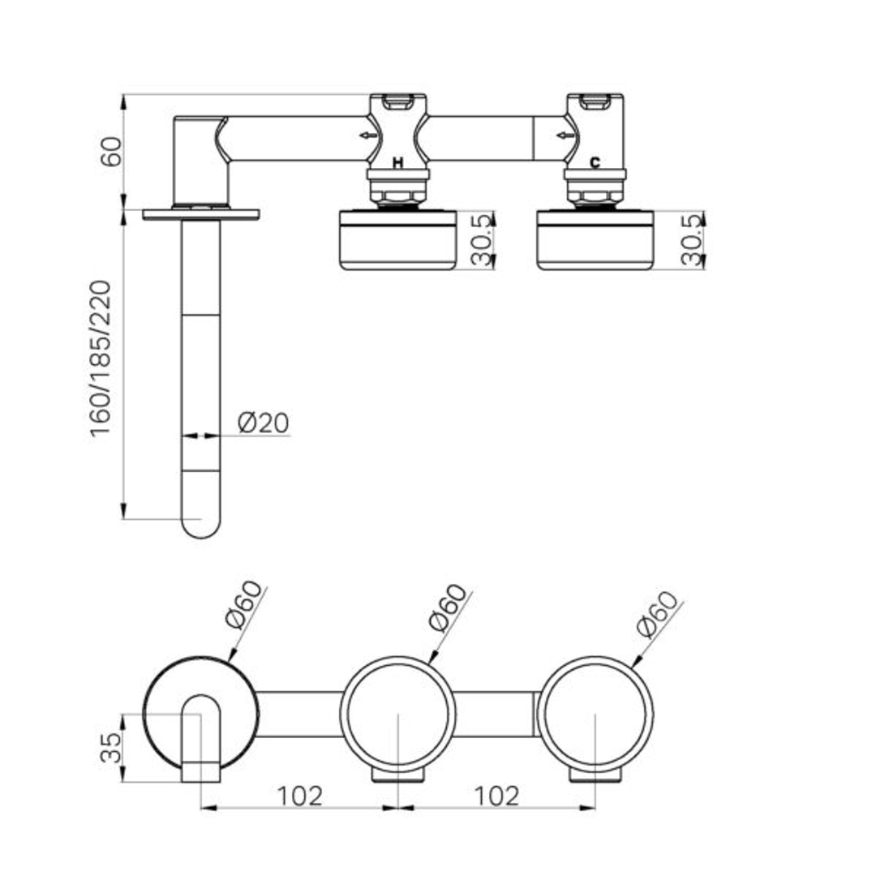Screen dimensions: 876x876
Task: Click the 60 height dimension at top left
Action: pyautogui.click(x=111, y=152)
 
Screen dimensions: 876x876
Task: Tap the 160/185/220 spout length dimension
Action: pyautogui.click(x=101, y=358)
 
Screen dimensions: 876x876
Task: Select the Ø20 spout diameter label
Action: pyautogui.click(x=263, y=423)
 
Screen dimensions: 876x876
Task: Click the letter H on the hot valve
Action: pyautogui.click(x=397, y=163)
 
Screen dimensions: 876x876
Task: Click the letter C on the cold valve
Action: pyautogui.click(x=595, y=163)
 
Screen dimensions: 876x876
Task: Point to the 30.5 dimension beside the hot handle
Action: pyautogui.click(x=483, y=240)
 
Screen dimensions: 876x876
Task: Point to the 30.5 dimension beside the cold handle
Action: pyautogui.click(x=692, y=240)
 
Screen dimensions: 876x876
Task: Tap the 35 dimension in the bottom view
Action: pyautogui.click(x=111, y=747)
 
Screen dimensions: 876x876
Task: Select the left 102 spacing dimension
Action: pyautogui.click(x=300, y=796)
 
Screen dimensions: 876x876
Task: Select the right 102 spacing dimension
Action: pyautogui.click(x=496, y=796)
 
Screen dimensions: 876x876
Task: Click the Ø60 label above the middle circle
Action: pyautogui.click(x=448, y=608)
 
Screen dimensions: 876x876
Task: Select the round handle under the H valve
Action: pyautogui.click(x=398, y=240)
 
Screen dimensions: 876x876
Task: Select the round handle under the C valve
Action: pyautogui.click(x=595, y=240)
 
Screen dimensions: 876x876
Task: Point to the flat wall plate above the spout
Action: pyautogui.click(x=201, y=215)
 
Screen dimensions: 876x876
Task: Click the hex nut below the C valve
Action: pyautogui.click(x=595, y=195)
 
